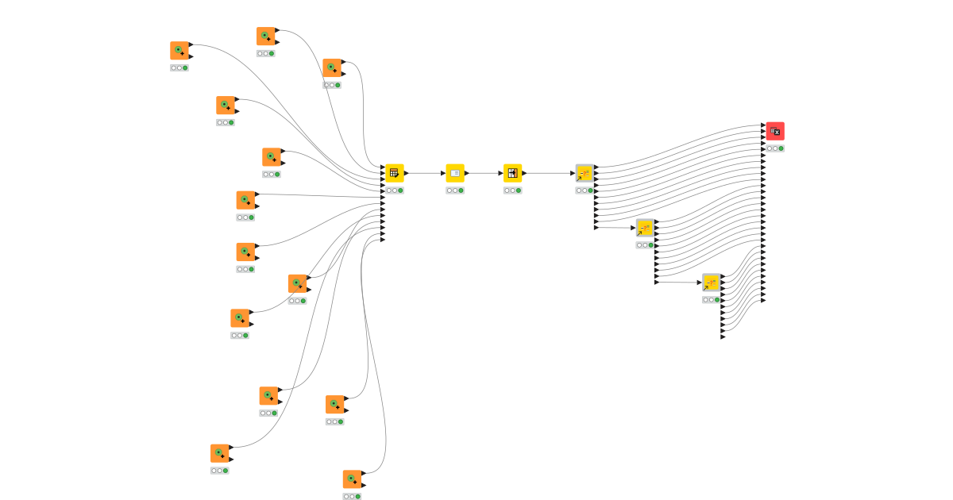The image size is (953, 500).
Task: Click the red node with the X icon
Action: click(775, 132)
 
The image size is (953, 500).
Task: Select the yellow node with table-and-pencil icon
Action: click(395, 173)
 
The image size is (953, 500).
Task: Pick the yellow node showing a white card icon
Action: click(455, 173)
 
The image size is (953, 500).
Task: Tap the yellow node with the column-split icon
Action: click(512, 173)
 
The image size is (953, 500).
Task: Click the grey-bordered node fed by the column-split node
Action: click(585, 173)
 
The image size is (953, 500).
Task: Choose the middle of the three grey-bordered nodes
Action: click(645, 229)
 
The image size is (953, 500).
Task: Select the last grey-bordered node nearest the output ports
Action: click(711, 283)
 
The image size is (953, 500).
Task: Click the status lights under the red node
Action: click(775, 148)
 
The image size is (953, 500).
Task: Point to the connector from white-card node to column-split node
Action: click(484, 173)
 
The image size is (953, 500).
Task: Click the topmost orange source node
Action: click(266, 37)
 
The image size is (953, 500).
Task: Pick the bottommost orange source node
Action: click(353, 479)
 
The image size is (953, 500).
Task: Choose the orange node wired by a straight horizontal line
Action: click(245, 200)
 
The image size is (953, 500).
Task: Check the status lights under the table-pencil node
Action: click(395, 190)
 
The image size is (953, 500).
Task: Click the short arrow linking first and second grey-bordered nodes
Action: click(615, 229)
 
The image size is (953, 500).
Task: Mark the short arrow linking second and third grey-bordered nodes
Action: click(678, 283)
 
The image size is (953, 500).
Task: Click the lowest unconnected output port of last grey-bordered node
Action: click(723, 337)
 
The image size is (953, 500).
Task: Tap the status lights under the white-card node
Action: click(455, 190)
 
